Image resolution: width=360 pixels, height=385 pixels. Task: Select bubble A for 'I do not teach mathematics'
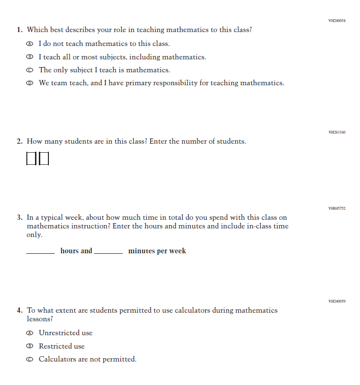coord(30,44)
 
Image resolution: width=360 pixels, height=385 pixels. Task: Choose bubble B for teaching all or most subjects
coord(30,57)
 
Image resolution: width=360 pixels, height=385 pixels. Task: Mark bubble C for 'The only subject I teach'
coord(30,70)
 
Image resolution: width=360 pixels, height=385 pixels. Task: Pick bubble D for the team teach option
coord(30,83)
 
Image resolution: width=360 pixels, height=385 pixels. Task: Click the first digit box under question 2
coord(31,159)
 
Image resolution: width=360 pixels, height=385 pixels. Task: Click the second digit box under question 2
coord(44,159)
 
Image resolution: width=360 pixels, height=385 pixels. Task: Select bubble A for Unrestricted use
coord(30,333)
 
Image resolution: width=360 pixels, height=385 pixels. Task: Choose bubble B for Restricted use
coord(30,346)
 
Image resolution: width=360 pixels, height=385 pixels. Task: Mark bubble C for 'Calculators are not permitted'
coord(30,360)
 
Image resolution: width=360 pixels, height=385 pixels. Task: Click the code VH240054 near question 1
coord(337,21)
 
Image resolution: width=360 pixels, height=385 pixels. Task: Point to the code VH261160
coord(337,132)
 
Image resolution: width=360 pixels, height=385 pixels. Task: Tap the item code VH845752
coord(337,208)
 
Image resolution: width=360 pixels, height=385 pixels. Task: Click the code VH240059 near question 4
coord(337,301)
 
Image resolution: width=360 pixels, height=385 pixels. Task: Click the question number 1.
coord(19,30)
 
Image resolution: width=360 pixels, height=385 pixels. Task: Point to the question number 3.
coord(19,217)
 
